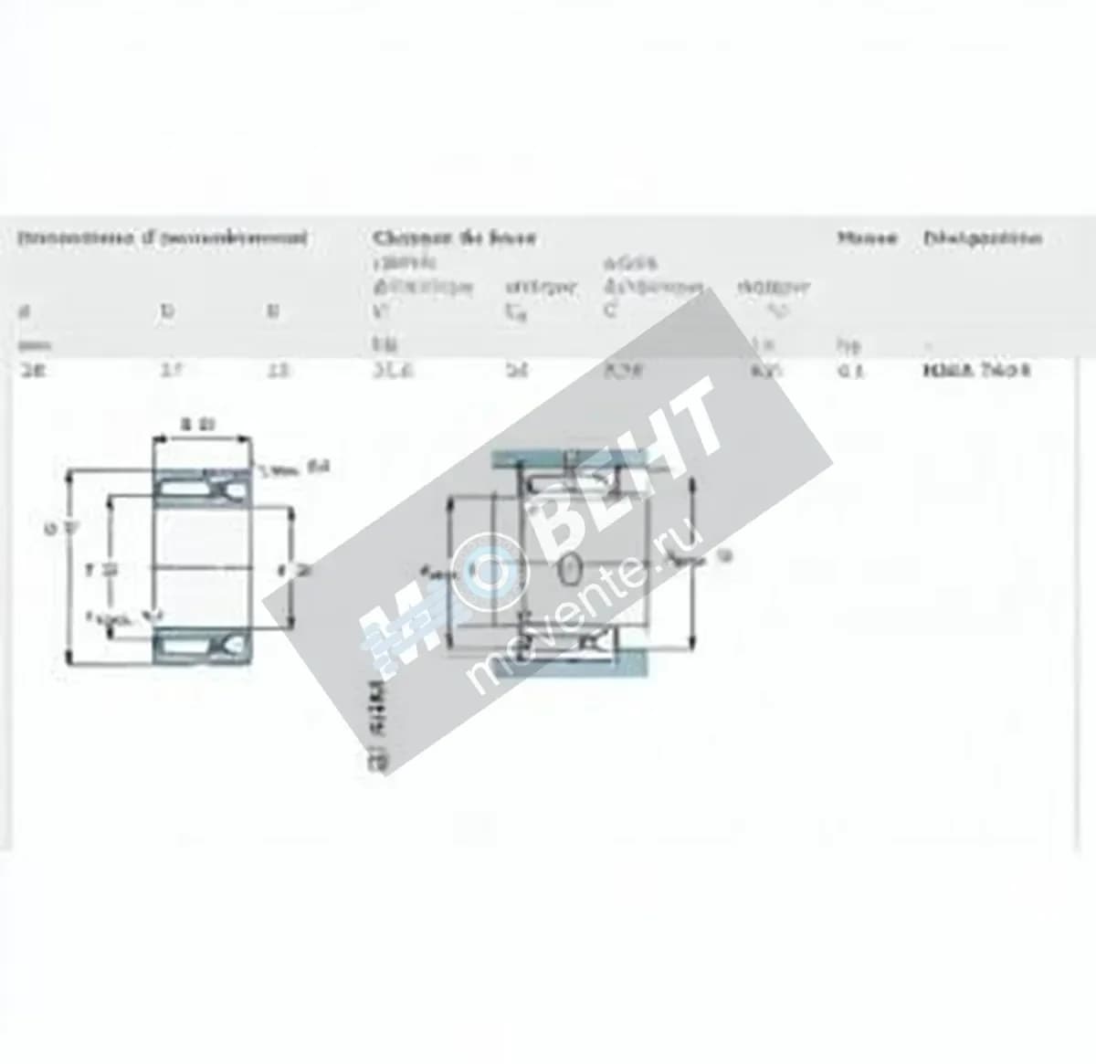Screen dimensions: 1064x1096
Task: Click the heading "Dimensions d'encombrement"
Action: pyautogui.click(x=163, y=238)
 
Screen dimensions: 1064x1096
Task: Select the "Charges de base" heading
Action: pyautogui.click(x=454, y=238)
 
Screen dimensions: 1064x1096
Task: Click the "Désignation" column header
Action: pyautogui.click(x=982, y=238)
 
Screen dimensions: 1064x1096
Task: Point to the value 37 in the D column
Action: pyautogui.click(x=167, y=371)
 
